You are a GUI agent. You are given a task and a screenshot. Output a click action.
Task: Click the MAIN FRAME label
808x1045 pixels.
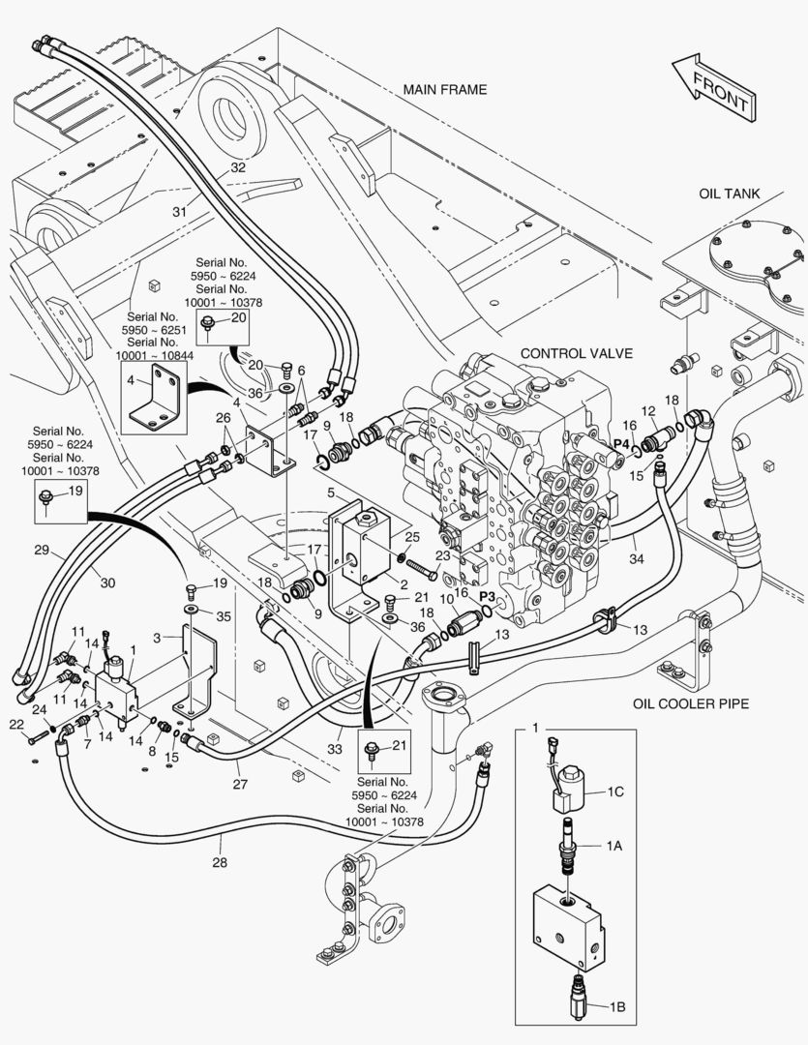point(445,90)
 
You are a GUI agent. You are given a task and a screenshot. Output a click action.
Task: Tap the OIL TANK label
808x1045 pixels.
point(730,194)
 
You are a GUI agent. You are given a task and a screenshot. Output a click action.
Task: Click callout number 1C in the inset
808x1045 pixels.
point(614,791)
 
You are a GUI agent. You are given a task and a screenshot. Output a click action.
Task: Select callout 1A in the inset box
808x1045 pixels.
point(614,845)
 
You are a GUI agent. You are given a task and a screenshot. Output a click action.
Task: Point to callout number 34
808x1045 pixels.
point(636,558)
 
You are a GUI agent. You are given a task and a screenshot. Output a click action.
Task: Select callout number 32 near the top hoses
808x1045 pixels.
point(238,167)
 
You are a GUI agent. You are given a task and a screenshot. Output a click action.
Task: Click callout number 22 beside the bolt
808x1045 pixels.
point(16,725)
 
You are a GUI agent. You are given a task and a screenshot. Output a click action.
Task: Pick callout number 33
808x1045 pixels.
point(334,747)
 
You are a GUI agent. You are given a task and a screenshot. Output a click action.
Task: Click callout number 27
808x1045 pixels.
point(240,785)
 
